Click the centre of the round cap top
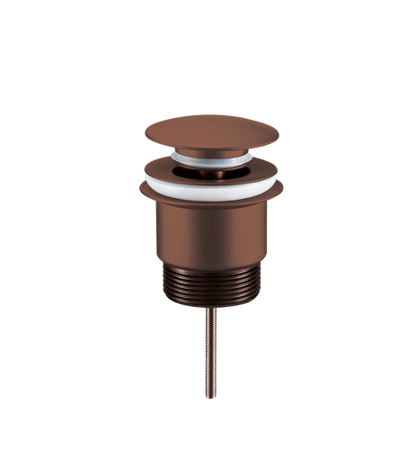coord(212,130)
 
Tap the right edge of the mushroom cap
coord(280,131)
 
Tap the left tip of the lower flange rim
coord(138,189)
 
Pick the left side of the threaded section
coord(168,286)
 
